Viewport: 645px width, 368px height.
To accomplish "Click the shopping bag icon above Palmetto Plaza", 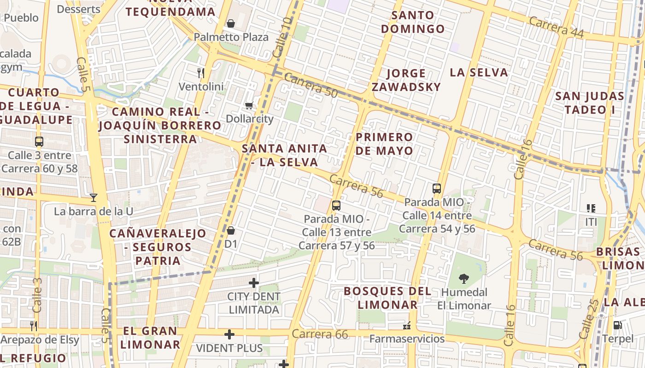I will click(x=231, y=23).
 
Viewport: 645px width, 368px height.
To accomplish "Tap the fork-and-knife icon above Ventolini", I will click(x=200, y=73).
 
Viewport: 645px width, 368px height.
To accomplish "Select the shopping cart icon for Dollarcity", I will click(x=249, y=106).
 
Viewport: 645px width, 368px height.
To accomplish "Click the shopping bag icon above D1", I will click(x=231, y=230).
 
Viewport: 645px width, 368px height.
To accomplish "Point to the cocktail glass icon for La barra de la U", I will click(x=94, y=198).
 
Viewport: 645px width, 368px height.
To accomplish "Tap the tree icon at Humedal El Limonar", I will click(x=464, y=278).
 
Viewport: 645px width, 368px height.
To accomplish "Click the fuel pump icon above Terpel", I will click(x=617, y=325).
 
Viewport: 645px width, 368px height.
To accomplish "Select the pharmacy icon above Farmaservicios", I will click(x=407, y=326).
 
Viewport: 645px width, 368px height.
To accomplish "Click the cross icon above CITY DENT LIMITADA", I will click(x=253, y=282).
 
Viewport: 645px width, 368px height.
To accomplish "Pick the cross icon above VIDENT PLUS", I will click(x=229, y=334).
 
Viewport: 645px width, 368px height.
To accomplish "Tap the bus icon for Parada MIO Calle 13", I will click(x=336, y=205).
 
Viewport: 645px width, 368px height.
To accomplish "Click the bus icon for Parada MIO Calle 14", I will click(x=437, y=189).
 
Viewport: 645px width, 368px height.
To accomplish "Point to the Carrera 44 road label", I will click(x=556, y=28).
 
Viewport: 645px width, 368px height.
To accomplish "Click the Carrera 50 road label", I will click(x=311, y=86).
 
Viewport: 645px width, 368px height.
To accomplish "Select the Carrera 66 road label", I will click(x=320, y=334).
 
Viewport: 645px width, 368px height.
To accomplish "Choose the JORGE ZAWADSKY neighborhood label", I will click(x=406, y=80).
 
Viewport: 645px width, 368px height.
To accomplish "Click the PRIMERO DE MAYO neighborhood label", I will click(x=384, y=144).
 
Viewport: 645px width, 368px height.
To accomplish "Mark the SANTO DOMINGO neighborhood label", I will click(x=413, y=22).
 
